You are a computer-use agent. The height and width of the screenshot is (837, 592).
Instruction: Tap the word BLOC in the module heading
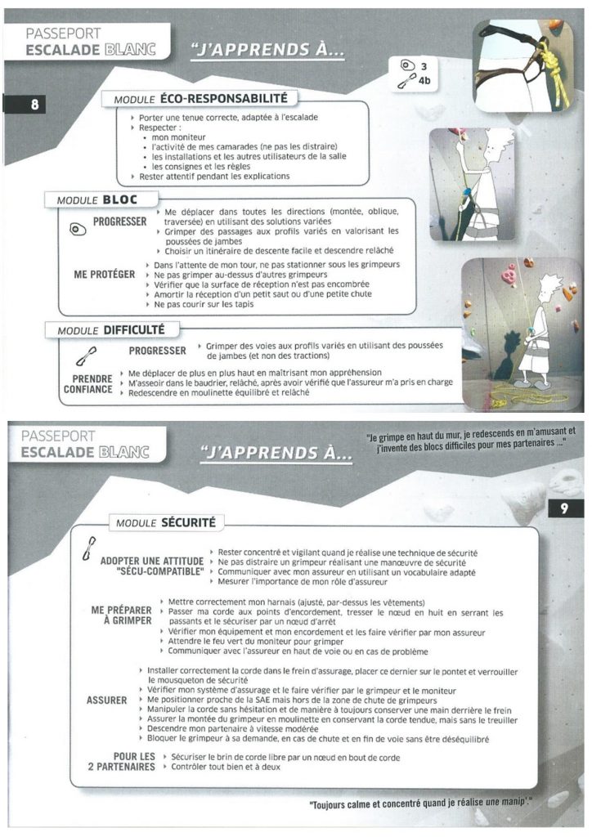coord(120,199)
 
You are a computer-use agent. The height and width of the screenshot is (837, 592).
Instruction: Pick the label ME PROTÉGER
coord(105,275)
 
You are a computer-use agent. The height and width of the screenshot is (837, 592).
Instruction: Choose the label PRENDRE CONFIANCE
coord(88,384)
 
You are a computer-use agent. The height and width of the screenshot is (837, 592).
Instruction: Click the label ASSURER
coord(107,700)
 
